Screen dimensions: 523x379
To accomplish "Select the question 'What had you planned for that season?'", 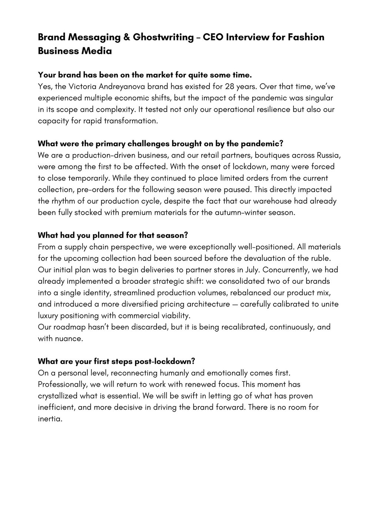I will point(113,235).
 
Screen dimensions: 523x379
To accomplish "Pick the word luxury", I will point(48,316).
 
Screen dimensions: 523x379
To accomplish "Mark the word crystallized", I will point(59,396).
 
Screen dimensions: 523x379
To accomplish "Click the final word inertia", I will point(48,419).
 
